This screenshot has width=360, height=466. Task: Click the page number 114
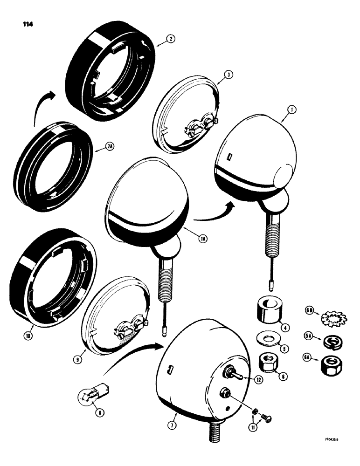tap(22, 23)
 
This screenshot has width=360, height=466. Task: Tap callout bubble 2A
tap(98, 151)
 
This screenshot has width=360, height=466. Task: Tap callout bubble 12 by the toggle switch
tap(258, 380)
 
